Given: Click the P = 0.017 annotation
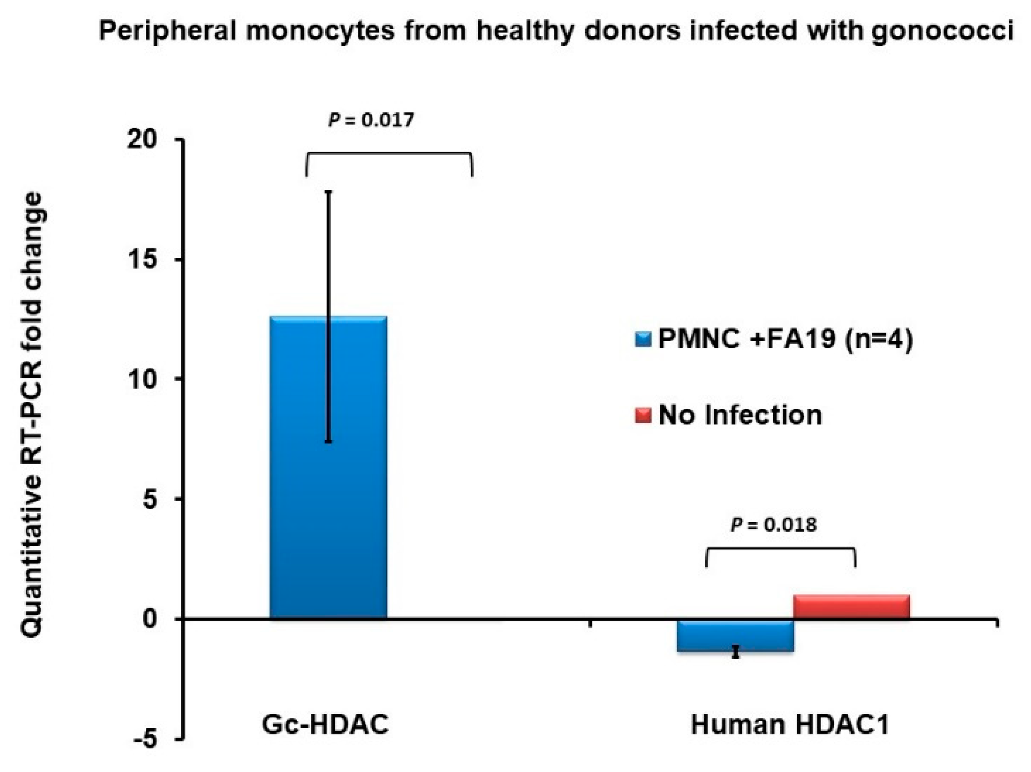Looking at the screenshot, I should click(x=371, y=120).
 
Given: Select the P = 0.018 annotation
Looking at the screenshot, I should click(x=774, y=525).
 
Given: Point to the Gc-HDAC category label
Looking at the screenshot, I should click(x=325, y=725).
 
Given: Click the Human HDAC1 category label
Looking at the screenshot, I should click(x=790, y=725).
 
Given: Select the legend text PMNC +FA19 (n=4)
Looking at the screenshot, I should click(x=785, y=339).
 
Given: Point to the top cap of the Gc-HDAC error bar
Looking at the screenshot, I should click(x=329, y=191).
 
